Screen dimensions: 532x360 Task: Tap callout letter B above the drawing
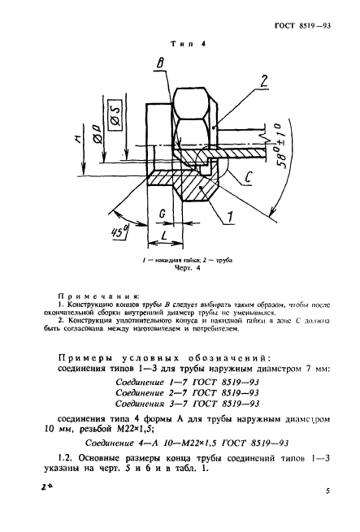[162, 64]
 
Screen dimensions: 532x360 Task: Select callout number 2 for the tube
[263, 80]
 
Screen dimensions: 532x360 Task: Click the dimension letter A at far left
[76, 138]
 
